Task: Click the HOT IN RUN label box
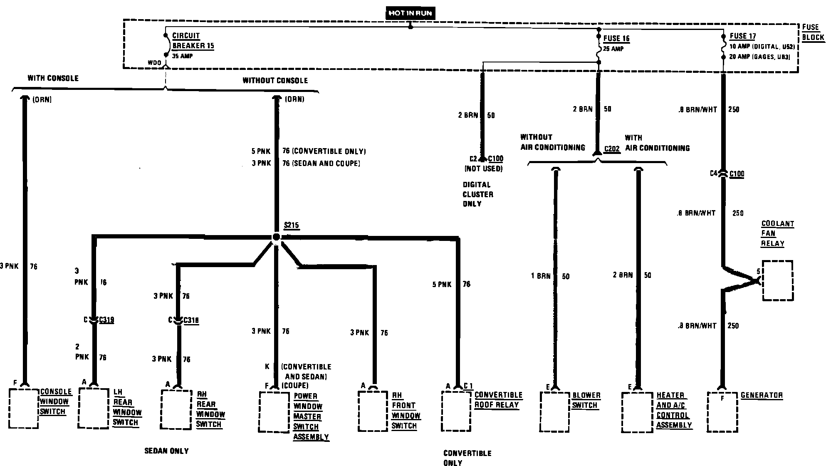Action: point(410,13)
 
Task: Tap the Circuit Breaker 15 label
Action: point(193,41)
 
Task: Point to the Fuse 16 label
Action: point(616,39)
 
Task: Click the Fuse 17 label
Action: point(742,36)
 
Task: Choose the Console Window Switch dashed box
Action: point(24,408)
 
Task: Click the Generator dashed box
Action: point(722,411)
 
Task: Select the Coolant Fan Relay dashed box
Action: point(777,280)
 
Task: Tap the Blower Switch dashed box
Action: point(554,411)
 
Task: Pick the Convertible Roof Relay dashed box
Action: point(456,411)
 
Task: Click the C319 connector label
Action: point(106,320)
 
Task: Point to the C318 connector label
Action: point(191,320)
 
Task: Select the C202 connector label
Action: point(612,149)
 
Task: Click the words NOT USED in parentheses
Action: point(483,169)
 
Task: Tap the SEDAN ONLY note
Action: point(166,451)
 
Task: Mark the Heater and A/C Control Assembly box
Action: point(637,411)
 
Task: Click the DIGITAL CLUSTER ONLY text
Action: point(478,194)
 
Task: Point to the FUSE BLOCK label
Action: point(812,32)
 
